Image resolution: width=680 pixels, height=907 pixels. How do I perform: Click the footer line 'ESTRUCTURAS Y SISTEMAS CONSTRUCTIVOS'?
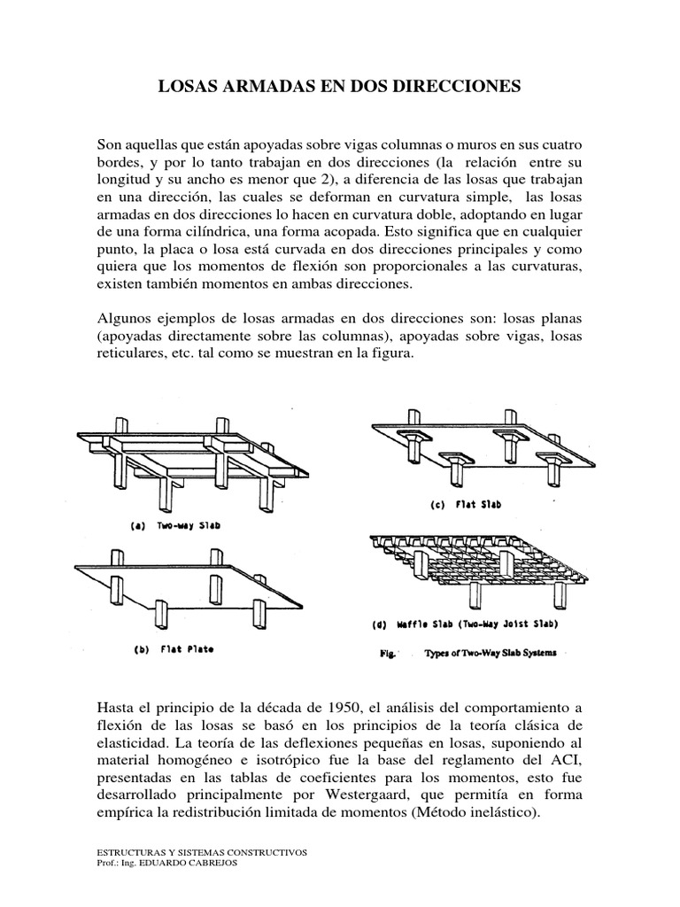201,852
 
